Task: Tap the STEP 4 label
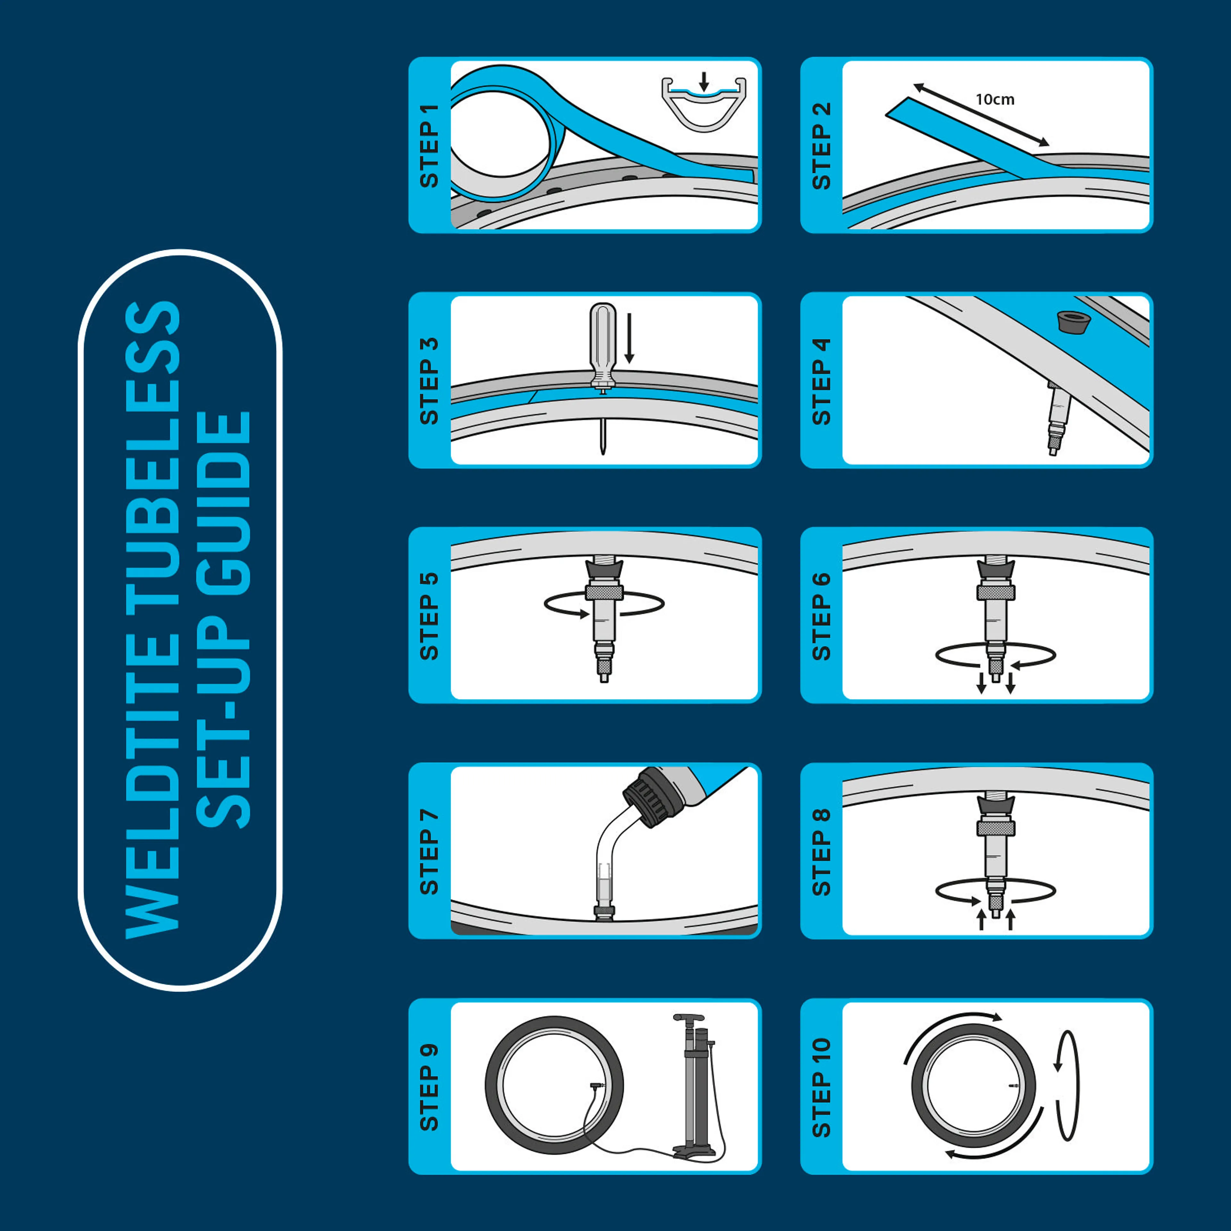pyautogui.click(x=821, y=381)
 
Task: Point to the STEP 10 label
pyautogui.click(x=821, y=1087)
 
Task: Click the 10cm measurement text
pyautogui.click(x=995, y=99)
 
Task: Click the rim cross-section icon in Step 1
pyautogui.click(x=703, y=105)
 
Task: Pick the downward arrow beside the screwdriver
pyautogui.click(x=629, y=338)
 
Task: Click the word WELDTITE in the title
pyautogui.click(x=153, y=803)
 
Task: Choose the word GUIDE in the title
pyautogui.click(x=224, y=503)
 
